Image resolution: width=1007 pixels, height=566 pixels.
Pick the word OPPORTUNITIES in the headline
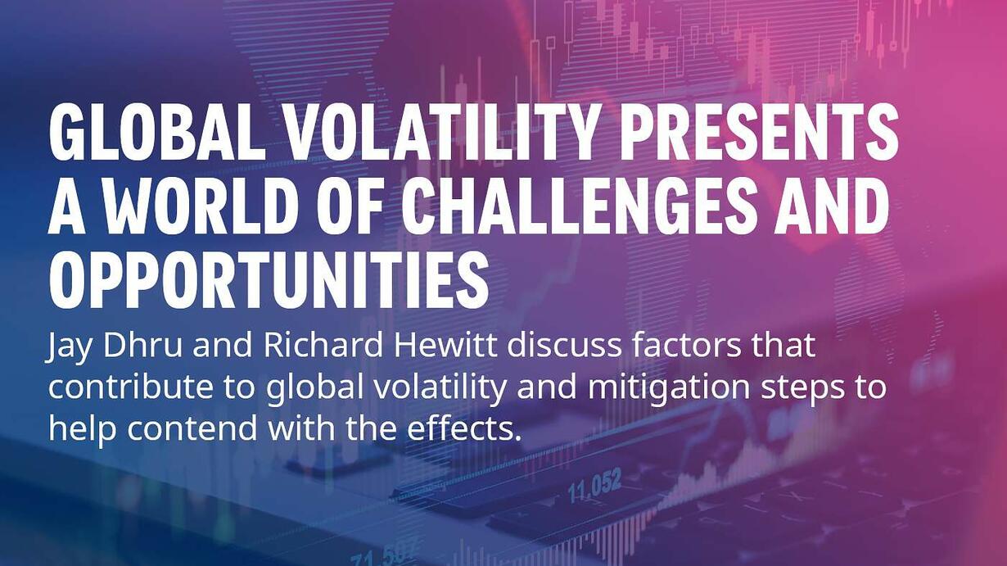pyautogui.click(x=269, y=281)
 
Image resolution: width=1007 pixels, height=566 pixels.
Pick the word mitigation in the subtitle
pyautogui.click(x=669, y=390)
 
